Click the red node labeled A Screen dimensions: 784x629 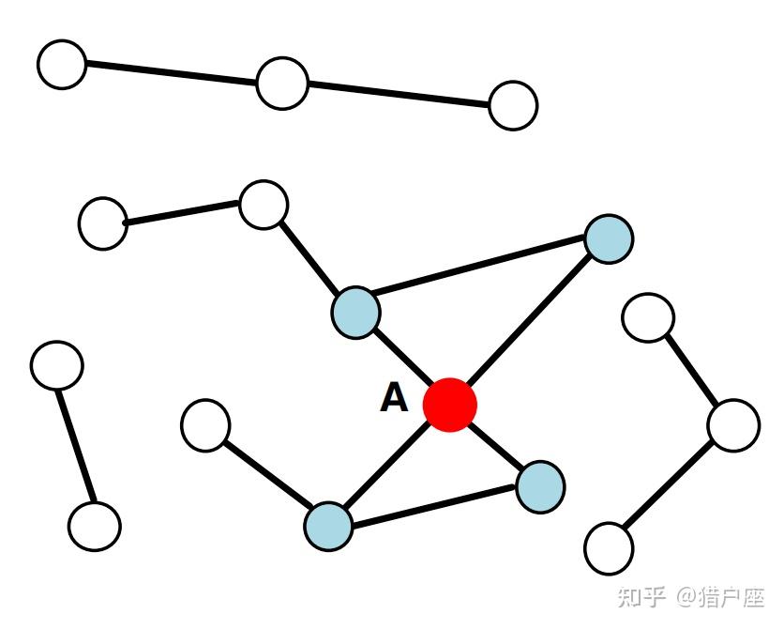coord(450,405)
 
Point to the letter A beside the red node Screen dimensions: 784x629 coord(394,399)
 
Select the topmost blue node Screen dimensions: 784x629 coord(609,238)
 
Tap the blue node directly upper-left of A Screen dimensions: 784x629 coord(355,312)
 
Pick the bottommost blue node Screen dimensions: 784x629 coord(328,526)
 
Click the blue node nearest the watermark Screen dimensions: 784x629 coord(540,486)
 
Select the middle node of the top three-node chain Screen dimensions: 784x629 coord(282,83)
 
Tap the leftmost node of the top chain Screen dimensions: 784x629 coord(62,65)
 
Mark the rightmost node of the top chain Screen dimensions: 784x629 coord(513,105)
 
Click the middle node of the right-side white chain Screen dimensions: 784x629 coord(733,424)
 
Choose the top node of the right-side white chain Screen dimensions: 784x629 coord(648,317)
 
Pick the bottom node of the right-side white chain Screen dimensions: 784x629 coord(609,547)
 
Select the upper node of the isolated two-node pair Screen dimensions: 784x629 coord(57,365)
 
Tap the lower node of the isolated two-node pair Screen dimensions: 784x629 coord(95,526)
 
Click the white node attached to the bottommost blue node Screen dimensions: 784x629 coord(205,425)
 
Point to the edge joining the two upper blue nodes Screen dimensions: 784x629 coord(482,275)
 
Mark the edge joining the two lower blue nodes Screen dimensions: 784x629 coord(434,506)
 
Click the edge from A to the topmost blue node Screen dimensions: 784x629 coord(530,322)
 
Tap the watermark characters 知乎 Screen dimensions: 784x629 coord(642,598)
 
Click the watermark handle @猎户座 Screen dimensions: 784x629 coord(722,598)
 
